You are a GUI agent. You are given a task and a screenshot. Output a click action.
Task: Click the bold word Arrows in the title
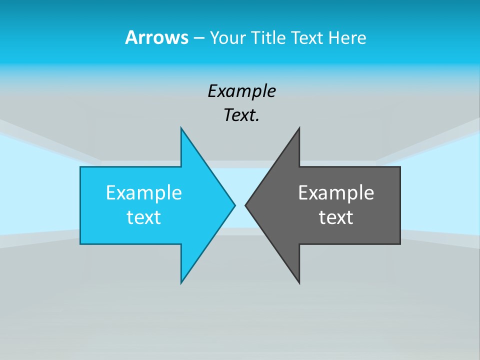(x=156, y=37)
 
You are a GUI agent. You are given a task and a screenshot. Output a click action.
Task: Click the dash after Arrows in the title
(x=198, y=38)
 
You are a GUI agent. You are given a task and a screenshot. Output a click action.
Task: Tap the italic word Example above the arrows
(x=241, y=91)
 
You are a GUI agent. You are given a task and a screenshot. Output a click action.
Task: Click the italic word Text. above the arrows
(x=241, y=115)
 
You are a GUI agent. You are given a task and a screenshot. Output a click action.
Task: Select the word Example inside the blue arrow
(x=144, y=192)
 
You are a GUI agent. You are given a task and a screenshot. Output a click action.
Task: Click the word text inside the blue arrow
(x=144, y=217)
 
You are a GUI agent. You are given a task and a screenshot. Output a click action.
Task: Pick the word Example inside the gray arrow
(x=336, y=192)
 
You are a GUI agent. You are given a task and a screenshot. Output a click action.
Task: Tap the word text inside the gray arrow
(x=336, y=217)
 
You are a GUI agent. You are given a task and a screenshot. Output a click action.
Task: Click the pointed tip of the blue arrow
(x=234, y=205)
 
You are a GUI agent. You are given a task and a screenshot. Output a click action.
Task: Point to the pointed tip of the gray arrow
(x=245, y=205)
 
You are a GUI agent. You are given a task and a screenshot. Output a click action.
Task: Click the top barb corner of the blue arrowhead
(x=181, y=128)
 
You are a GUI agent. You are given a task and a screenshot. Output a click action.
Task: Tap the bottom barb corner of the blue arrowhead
(x=181, y=283)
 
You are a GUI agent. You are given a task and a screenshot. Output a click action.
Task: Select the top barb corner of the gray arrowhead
(x=299, y=128)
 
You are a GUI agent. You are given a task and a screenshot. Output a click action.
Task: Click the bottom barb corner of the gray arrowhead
(x=299, y=283)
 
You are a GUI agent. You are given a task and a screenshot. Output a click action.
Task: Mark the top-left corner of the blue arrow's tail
(x=80, y=167)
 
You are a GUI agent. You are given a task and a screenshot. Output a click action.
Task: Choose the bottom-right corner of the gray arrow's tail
(x=400, y=243)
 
